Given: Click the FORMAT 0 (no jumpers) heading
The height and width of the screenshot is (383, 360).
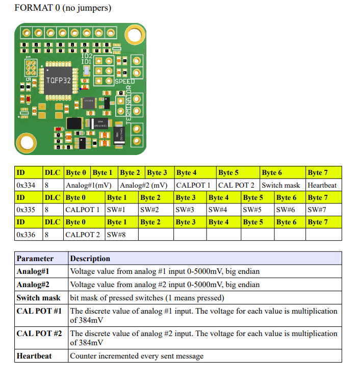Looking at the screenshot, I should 63,8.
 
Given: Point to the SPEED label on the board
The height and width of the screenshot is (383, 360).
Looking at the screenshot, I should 125,82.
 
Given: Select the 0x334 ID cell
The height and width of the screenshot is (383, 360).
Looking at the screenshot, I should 26,185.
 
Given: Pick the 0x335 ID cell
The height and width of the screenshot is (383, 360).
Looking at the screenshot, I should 26,210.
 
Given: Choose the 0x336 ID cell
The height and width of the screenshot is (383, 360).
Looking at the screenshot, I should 26,234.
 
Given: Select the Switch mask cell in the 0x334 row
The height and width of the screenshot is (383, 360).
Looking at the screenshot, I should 281,185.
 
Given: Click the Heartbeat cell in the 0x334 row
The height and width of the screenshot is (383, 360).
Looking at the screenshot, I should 323,185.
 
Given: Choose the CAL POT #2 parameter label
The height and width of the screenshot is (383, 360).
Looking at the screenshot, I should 39,334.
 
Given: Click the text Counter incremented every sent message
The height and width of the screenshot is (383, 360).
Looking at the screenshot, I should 137,356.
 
